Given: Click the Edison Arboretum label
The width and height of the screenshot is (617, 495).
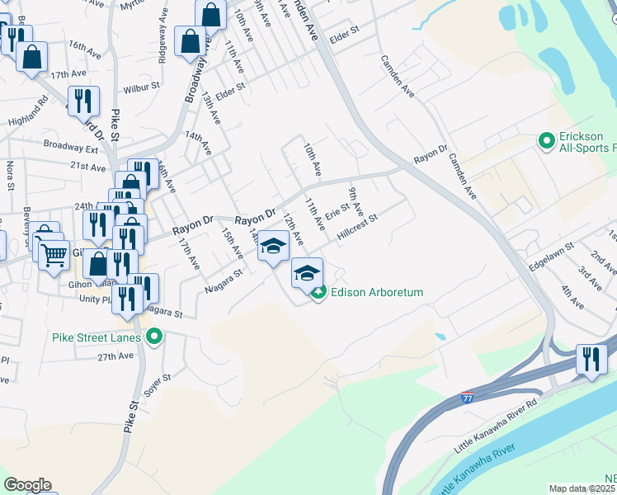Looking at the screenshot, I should [378, 292].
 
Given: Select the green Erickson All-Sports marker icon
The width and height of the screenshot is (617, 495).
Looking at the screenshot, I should [545, 141].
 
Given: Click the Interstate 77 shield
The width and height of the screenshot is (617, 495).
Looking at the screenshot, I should [467, 397].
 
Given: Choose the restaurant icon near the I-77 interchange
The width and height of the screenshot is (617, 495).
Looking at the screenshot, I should [591, 359].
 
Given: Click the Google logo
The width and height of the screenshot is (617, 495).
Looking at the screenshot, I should [27, 485].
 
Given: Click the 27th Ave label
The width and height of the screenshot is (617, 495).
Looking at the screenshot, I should [115, 356].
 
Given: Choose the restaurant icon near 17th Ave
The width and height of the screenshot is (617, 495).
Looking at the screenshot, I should [84, 100].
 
